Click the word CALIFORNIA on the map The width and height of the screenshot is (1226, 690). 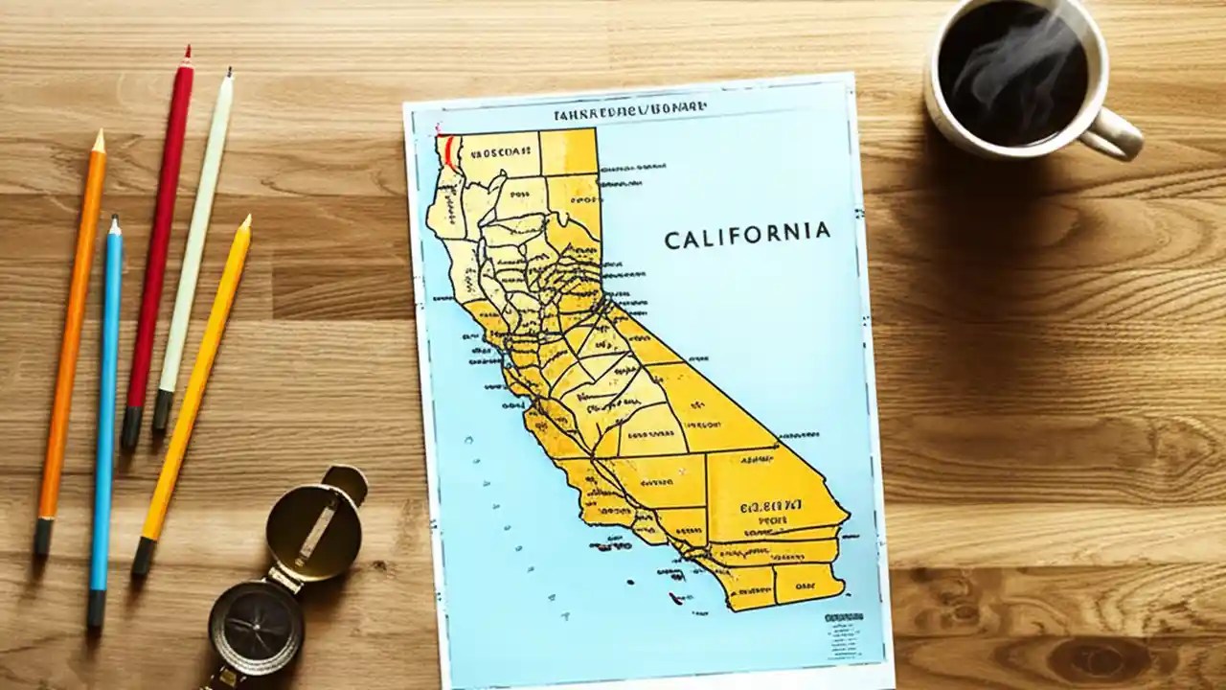746,235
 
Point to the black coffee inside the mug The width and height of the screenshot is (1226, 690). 1011,72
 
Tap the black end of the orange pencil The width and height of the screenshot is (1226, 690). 43,537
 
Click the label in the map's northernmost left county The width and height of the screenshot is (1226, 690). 499,151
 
